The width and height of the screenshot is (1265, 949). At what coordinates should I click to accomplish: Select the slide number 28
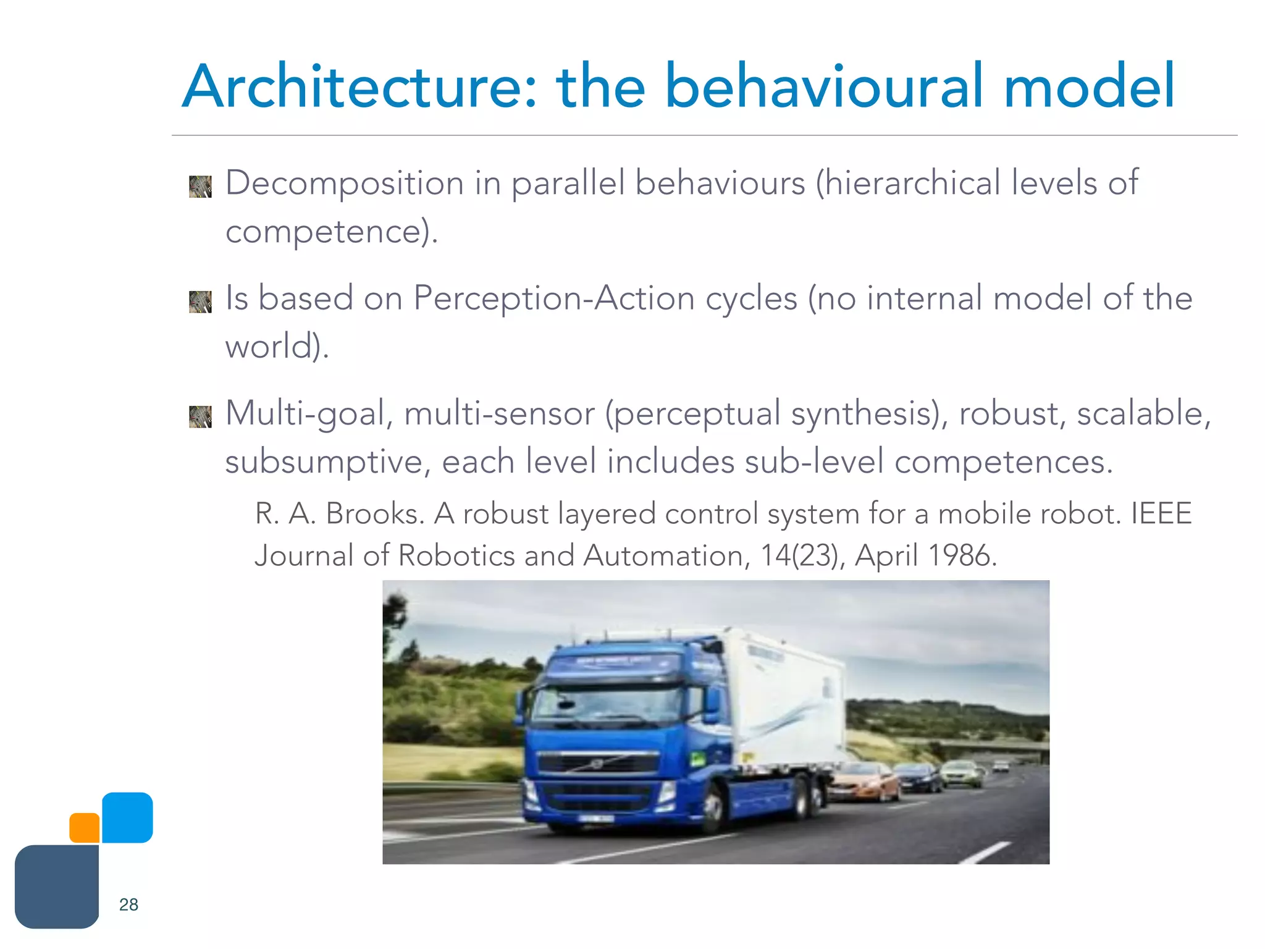coord(128,905)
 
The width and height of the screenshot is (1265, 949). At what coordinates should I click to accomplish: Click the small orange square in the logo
coord(85,828)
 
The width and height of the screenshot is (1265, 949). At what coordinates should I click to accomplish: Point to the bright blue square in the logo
coord(127,817)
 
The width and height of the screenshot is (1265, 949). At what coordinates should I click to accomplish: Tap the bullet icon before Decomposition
coord(200,187)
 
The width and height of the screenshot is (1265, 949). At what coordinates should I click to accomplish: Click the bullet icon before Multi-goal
coord(200,416)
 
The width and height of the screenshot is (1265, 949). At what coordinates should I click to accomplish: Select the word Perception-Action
coord(554,298)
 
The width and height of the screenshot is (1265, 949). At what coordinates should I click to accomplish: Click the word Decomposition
coord(345,183)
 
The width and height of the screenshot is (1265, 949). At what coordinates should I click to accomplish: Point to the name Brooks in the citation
coord(375,514)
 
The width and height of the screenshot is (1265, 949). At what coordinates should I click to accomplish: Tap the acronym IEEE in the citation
coord(1161,514)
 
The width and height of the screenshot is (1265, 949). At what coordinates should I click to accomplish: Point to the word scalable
coord(1143,413)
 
